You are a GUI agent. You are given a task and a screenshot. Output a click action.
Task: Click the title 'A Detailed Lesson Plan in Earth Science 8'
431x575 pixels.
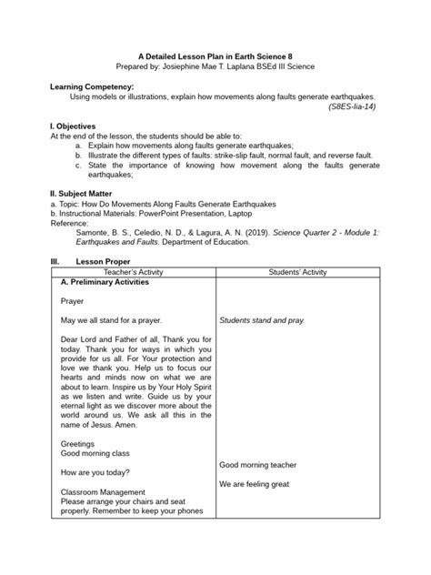(x=215, y=55)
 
